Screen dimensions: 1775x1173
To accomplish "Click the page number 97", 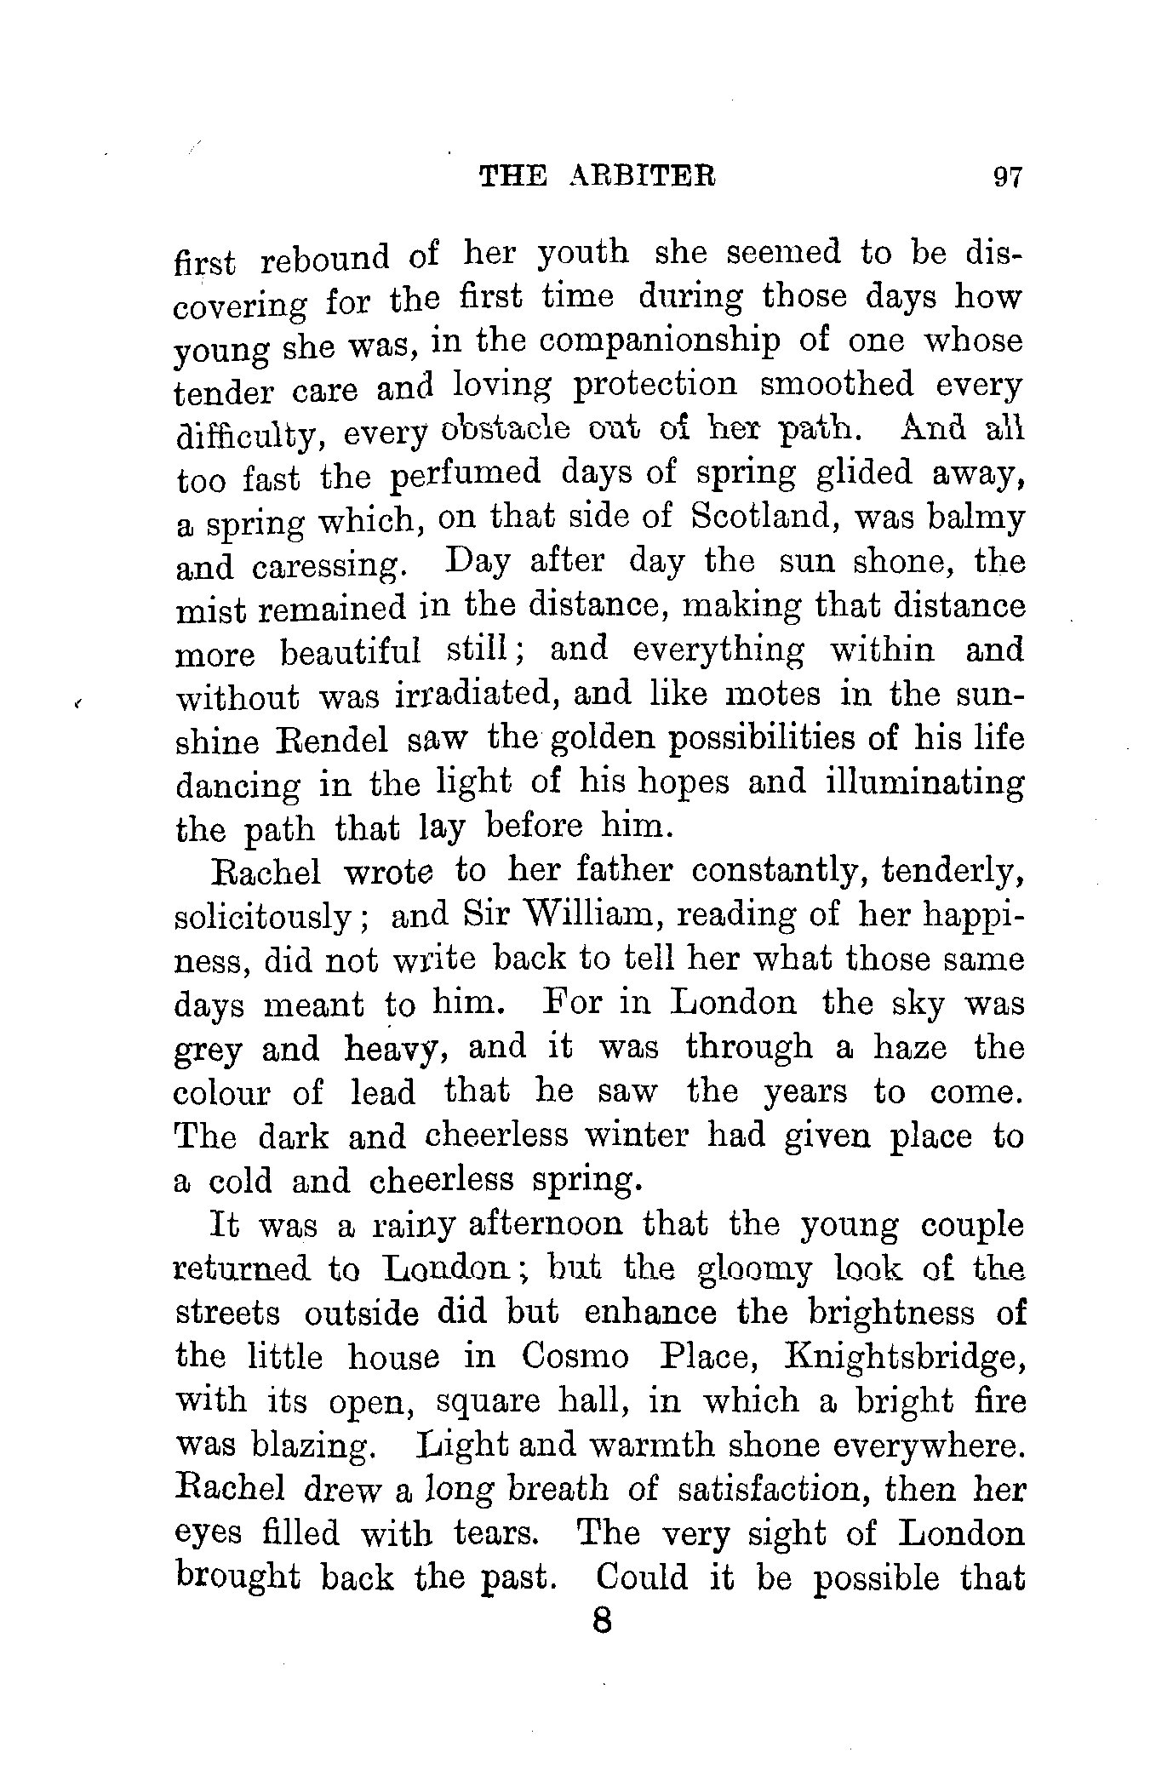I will pos(1006,177).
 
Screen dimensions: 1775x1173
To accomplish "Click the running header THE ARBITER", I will pos(598,176).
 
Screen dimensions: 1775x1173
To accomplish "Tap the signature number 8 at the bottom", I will pos(602,1620).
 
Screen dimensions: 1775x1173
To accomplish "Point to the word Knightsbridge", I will pos(906,1355).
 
